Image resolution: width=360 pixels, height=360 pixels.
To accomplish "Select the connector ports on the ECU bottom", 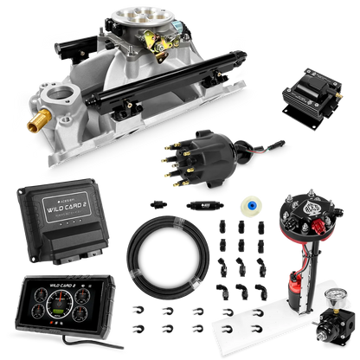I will [x=65, y=253].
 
